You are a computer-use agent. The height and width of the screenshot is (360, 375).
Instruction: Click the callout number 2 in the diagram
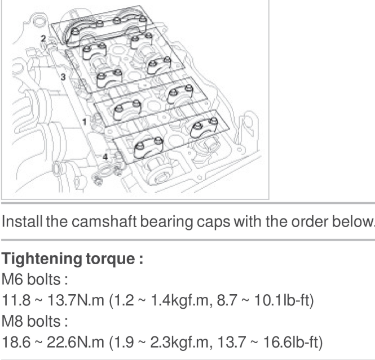[43, 39]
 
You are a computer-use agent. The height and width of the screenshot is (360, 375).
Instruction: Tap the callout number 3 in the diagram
[63, 77]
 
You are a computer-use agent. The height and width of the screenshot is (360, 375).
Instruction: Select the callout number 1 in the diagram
[84, 122]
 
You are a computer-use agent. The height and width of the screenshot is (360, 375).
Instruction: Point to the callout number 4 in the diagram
[105, 157]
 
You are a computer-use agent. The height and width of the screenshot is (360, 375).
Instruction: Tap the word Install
[22, 221]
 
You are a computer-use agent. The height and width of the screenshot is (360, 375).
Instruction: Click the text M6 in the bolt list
[12, 279]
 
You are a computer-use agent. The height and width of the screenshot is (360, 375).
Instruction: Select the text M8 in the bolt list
[12, 321]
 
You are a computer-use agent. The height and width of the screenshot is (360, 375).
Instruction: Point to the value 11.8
[16, 300]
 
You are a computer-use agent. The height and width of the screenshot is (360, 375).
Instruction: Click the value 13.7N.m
[76, 300]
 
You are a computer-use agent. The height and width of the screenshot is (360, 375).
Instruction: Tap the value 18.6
[16, 342]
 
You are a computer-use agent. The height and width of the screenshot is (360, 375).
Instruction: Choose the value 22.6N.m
[76, 342]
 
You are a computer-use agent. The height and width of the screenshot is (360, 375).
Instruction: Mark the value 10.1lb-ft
[284, 300]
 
